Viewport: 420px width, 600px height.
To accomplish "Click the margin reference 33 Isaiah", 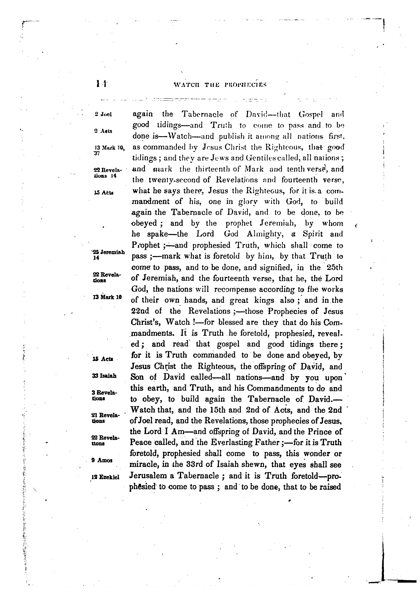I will tap(104, 376).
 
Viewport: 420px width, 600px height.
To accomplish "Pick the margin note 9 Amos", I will tap(102, 460).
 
